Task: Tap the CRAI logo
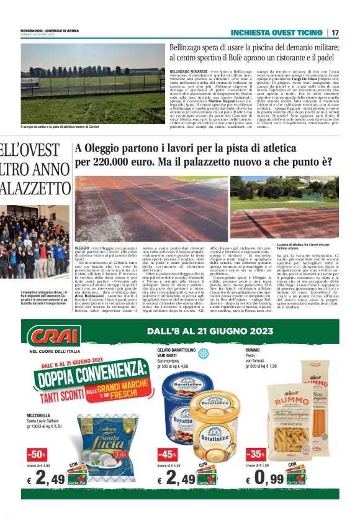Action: point(55,337)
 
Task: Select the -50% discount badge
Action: point(37,454)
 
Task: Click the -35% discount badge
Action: point(255,454)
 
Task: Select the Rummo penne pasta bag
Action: point(289,429)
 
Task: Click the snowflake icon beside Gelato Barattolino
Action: point(202,353)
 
